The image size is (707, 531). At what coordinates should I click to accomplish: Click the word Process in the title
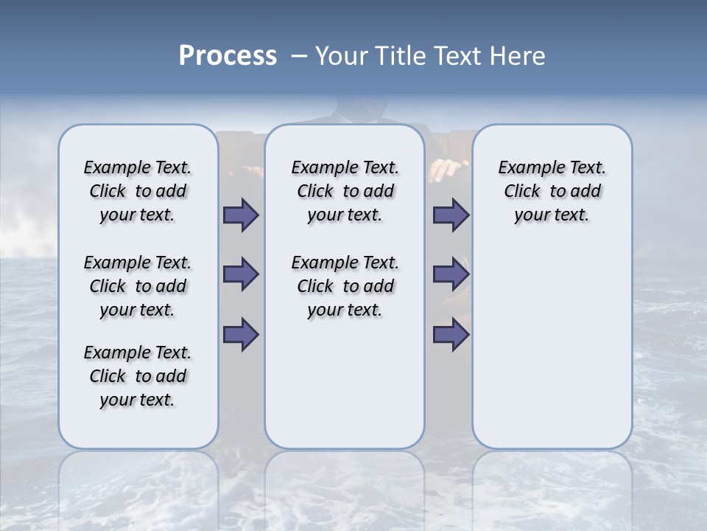[228, 55]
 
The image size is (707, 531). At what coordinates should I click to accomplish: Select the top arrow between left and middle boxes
[241, 215]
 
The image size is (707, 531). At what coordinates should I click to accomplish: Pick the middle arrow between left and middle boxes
[241, 274]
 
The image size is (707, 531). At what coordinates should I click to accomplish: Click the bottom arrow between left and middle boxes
[241, 334]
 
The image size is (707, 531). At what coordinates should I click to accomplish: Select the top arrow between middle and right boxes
[451, 215]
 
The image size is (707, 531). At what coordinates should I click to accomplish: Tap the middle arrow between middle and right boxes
[451, 274]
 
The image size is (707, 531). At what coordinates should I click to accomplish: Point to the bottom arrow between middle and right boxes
[451, 334]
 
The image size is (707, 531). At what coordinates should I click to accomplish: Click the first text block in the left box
[138, 191]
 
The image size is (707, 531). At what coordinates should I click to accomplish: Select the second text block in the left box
[138, 286]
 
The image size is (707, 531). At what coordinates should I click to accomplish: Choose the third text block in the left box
[138, 376]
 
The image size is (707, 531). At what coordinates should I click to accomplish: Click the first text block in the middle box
[345, 191]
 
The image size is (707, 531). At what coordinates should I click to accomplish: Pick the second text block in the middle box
[345, 286]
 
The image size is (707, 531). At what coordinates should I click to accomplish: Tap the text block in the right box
[552, 191]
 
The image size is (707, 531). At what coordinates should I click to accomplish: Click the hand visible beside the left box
[246, 171]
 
